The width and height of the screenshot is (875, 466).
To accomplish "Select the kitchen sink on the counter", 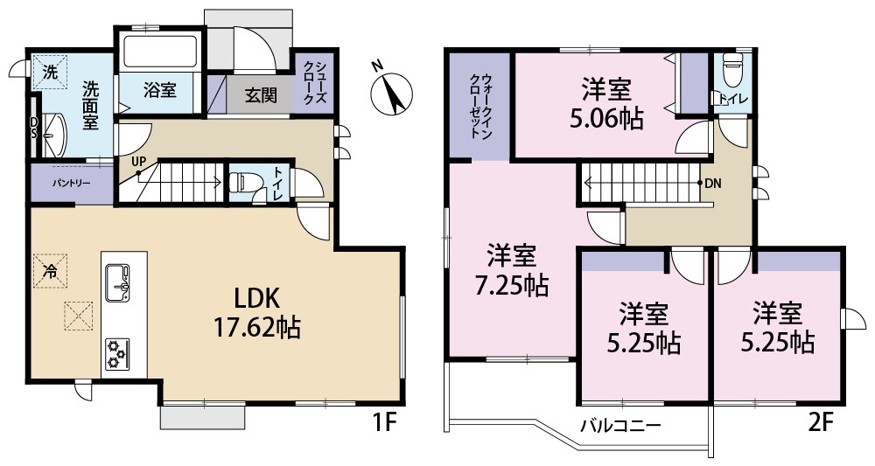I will coord(117,282).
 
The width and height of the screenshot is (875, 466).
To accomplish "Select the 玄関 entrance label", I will coord(261,95).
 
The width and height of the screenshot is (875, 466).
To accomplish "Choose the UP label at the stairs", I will coord(138,162).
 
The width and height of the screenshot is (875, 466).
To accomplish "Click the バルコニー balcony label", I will coord(619,426).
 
